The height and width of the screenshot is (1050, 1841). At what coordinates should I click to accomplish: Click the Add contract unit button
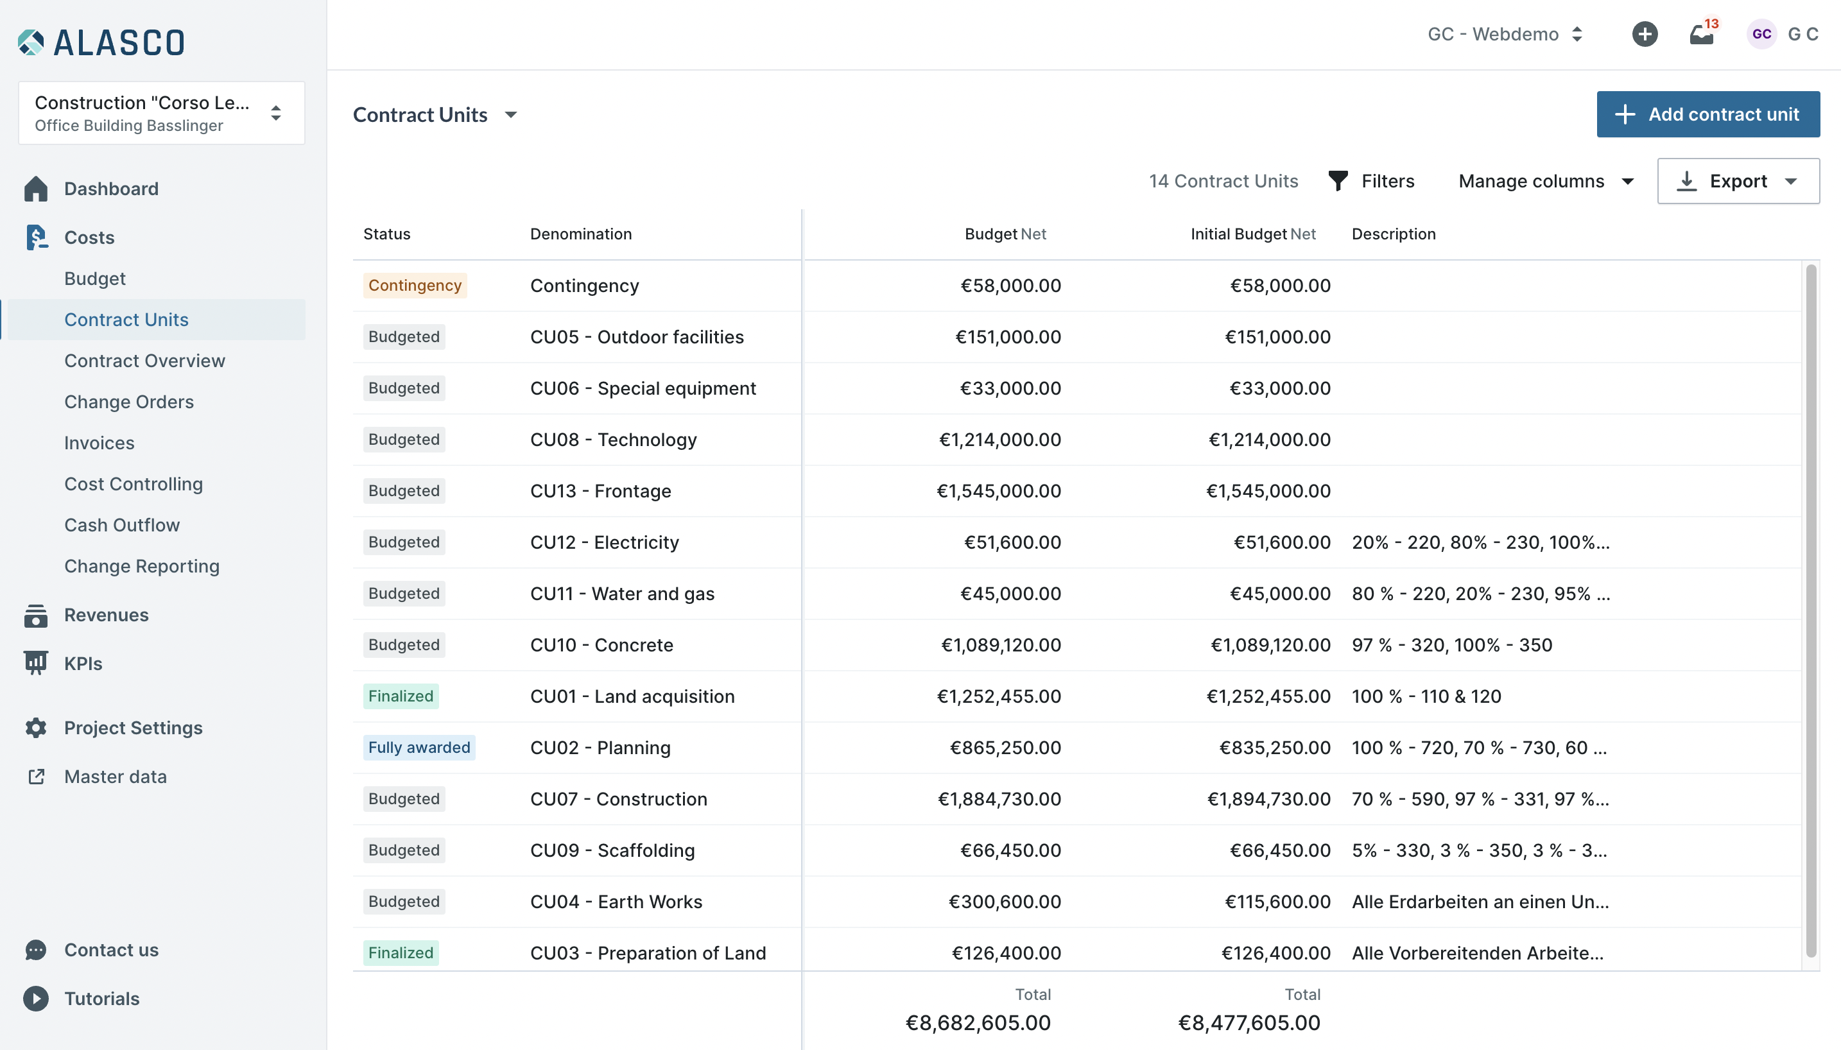1707,114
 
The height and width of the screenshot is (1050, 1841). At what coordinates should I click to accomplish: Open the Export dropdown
1738,181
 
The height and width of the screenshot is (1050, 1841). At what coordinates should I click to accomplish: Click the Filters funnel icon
1338,181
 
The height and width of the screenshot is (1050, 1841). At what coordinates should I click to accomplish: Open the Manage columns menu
1545,181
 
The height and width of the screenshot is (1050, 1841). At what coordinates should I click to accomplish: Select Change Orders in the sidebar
129,402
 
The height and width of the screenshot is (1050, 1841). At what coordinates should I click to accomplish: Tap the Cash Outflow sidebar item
122,525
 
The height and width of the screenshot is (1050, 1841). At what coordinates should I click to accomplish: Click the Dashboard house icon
36,189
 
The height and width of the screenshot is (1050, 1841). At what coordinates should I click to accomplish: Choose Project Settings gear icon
36,728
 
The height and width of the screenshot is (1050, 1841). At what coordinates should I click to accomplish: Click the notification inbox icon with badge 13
1702,33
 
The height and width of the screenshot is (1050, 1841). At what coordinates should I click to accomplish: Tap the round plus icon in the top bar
1645,34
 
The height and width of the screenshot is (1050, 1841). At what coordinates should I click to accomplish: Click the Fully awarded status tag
419,747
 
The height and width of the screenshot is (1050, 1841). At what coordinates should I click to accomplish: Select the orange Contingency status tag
415,285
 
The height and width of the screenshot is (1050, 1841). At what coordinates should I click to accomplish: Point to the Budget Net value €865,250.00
1005,747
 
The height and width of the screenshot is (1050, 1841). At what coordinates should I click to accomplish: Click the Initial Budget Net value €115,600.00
1277,902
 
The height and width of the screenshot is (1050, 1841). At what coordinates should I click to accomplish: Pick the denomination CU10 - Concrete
601,645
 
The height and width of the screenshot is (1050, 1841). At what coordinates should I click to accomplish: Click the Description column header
1393,234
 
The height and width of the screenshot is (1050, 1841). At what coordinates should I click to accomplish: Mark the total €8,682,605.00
978,1022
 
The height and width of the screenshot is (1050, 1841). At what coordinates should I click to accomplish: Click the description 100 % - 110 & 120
1426,696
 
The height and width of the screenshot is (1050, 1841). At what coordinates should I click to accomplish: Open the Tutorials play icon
36,998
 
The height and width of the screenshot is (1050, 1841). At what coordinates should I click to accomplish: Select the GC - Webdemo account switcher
1504,34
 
